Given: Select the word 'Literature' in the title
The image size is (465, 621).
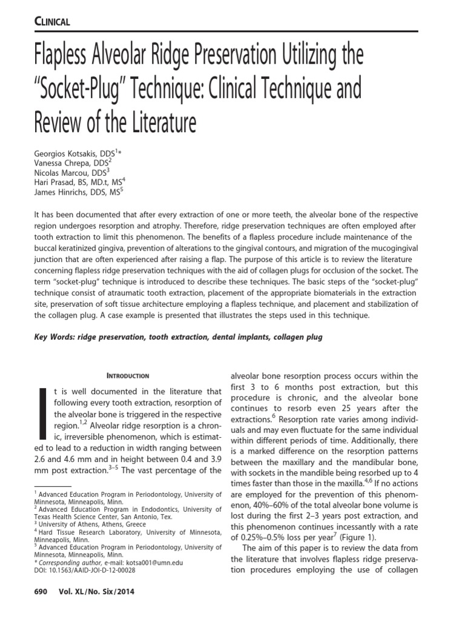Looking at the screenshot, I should (158, 123).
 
